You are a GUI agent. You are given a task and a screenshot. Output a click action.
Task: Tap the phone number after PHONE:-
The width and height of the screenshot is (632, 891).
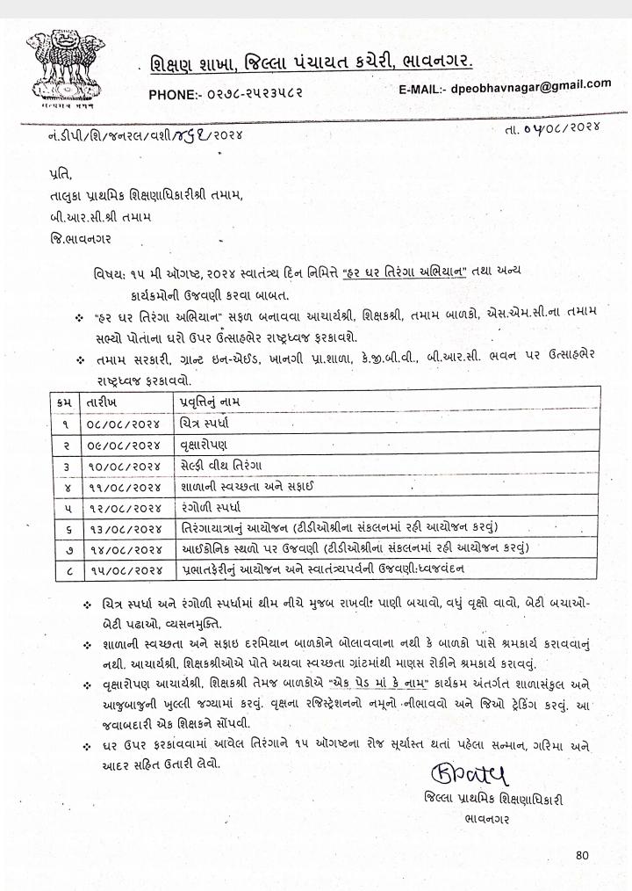tap(255, 93)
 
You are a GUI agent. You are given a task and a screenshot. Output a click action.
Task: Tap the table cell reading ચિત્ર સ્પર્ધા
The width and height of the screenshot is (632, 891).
tap(197, 424)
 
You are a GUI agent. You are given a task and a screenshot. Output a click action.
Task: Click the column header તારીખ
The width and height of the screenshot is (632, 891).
tap(99, 402)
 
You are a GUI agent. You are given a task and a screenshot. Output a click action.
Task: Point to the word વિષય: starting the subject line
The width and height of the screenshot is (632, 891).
tap(111, 275)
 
